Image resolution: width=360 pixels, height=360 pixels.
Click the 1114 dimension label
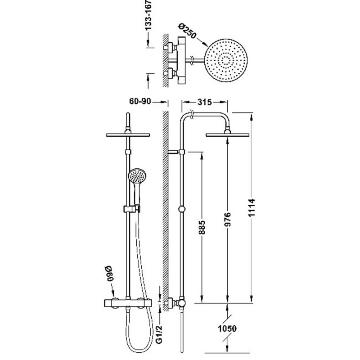click(x=252, y=207)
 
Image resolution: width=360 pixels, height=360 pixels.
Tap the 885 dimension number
click(x=202, y=227)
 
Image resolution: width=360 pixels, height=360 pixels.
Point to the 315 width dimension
click(x=204, y=102)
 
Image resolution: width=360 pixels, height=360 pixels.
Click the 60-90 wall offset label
click(x=140, y=101)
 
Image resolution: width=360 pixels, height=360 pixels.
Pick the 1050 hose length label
click(x=227, y=328)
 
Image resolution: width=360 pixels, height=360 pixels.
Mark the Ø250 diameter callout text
click(x=187, y=31)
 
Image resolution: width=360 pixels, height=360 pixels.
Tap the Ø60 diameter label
click(x=109, y=274)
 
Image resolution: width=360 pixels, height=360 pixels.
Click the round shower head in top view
click(x=226, y=60)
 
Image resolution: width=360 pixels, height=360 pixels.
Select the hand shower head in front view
click(x=137, y=177)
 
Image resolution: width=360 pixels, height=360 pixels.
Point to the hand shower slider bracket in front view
click(x=131, y=209)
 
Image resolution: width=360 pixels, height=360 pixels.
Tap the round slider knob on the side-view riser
click(x=182, y=209)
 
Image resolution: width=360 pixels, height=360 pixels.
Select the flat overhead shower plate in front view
click(x=128, y=135)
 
